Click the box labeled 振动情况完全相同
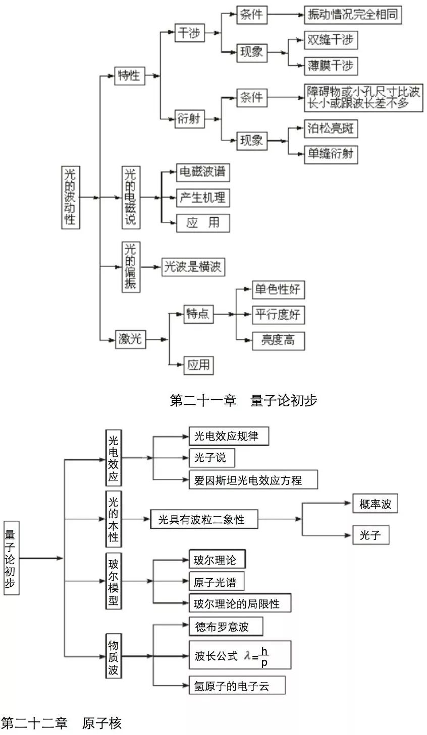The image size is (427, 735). [x=353, y=15]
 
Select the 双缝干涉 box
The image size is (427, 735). [x=331, y=40]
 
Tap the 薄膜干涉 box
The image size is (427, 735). [x=331, y=65]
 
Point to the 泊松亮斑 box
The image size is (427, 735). [x=331, y=129]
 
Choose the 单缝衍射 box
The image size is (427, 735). [x=331, y=154]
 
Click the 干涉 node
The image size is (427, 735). [x=189, y=34]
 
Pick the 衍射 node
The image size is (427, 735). [x=189, y=119]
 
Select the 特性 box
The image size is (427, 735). [x=129, y=76]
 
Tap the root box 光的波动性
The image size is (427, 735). [x=71, y=197]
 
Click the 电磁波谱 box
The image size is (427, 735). [x=202, y=172]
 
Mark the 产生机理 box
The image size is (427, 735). [x=202, y=198]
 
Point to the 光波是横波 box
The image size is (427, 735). [x=193, y=267]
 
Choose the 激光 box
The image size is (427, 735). [x=130, y=339]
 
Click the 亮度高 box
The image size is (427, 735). [x=278, y=340]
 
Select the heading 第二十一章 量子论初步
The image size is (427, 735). [x=243, y=401]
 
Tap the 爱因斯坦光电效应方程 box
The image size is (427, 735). [x=253, y=480]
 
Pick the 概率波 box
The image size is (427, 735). [x=375, y=504]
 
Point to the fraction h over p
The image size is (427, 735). [x=264, y=656]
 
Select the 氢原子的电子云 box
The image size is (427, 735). [x=236, y=686]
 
